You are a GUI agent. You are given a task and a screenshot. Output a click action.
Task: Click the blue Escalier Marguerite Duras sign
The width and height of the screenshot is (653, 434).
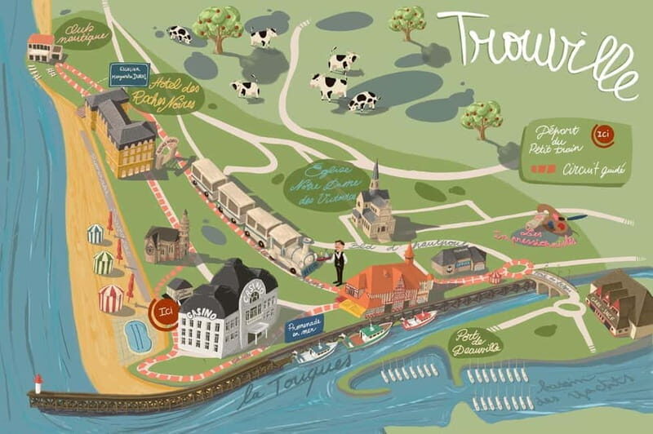tap(129, 74)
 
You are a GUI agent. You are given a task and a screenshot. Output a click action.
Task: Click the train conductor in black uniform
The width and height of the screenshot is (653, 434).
tap(339, 261)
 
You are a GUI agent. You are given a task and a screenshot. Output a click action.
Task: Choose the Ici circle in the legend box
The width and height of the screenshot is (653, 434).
tap(602, 134)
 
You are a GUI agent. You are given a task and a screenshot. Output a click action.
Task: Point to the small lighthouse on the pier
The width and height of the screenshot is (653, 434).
tap(38, 383)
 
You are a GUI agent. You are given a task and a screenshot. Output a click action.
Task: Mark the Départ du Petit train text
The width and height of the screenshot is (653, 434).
tap(555, 139)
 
